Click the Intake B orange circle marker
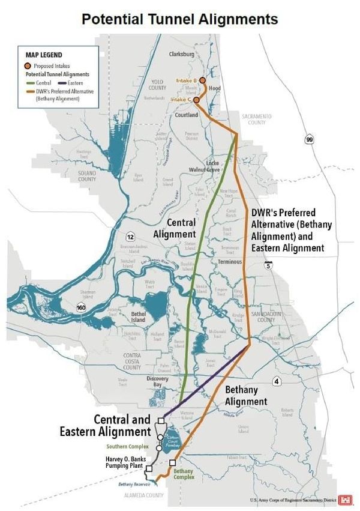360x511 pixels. (x=202, y=80)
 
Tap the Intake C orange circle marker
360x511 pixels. (x=196, y=100)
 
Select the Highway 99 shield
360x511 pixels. (x=309, y=140)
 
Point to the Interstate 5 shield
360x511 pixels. (x=266, y=265)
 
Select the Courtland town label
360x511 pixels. (x=187, y=115)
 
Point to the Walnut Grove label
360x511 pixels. (x=205, y=170)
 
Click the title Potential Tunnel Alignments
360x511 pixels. (x=180, y=19)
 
